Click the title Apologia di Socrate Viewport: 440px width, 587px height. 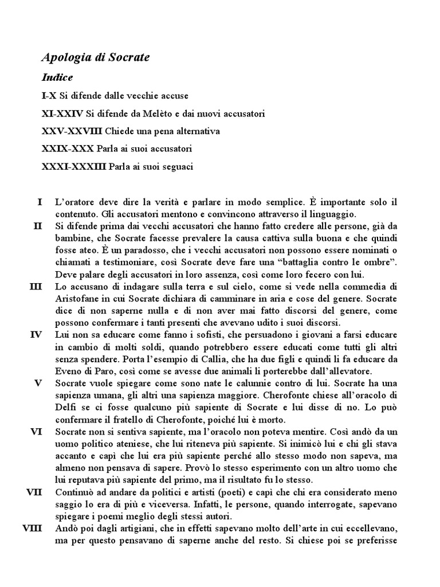pyautogui.click(x=96, y=58)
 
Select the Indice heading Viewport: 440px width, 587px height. pyautogui.click(x=57, y=77)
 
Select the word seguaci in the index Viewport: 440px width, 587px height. pyautogui.click(x=176, y=167)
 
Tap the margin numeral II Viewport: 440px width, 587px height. pyautogui.click(x=38, y=226)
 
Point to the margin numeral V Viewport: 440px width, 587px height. pyautogui.click(x=38, y=382)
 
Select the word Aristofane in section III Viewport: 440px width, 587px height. pyautogui.click(x=78, y=298)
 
